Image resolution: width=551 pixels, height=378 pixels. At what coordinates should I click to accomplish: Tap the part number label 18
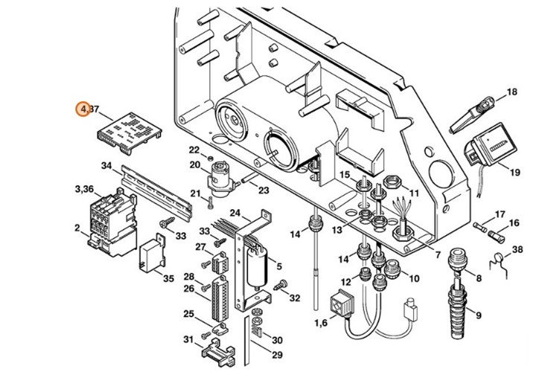click(x=511, y=92)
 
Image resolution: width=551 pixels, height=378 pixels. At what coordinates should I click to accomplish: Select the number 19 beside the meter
click(x=515, y=173)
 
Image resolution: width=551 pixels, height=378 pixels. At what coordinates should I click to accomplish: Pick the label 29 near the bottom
click(x=276, y=355)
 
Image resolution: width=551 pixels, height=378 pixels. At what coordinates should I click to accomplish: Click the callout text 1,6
click(x=321, y=324)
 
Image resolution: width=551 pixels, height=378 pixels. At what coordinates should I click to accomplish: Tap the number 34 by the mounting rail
click(x=106, y=166)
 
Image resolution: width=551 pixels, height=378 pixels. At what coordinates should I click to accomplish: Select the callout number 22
click(x=194, y=150)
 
